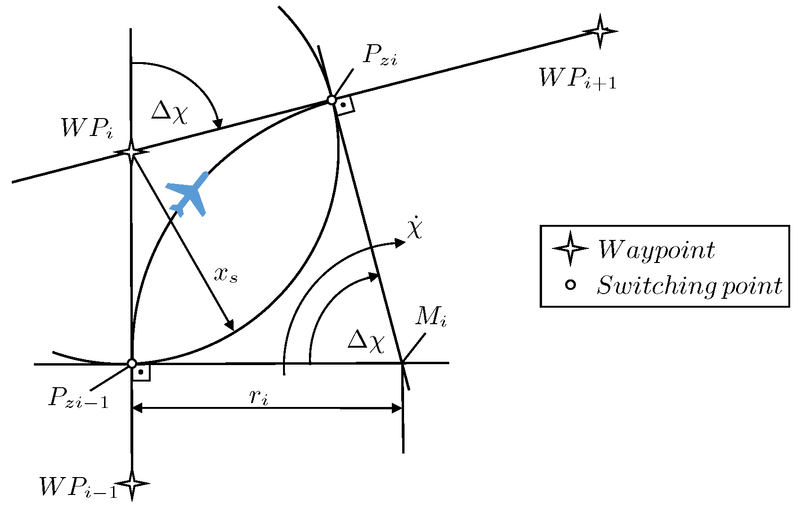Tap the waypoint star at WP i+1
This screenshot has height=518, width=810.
click(x=600, y=32)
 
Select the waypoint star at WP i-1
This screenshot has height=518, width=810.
click(x=132, y=484)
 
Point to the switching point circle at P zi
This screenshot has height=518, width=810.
click(x=332, y=100)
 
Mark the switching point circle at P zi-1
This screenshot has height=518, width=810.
click(x=132, y=364)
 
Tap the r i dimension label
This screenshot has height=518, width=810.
click(x=259, y=397)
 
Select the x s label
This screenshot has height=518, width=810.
click(x=226, y=274)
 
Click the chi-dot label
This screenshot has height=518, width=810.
click(x=415, y=229)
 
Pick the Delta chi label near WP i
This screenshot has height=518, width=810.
click(x=170, y=113)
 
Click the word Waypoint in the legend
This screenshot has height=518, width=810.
click(x=656, y=250)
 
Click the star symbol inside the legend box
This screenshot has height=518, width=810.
click(x=570, y=248)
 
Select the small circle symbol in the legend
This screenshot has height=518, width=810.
click(x=570, y=285)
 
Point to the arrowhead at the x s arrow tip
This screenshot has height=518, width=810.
click(x=230, y=326)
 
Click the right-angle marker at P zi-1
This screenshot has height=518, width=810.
click(x=141, y=372)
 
